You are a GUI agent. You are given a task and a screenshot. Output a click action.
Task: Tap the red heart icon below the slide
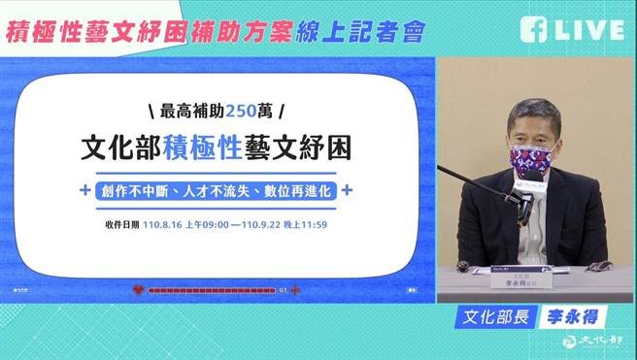tap(139, 289)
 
